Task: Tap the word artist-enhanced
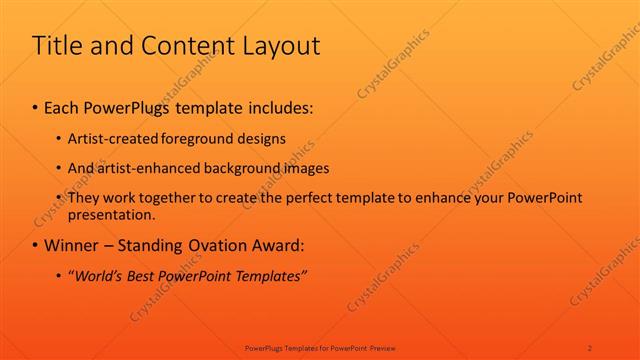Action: click(x=144, y=168)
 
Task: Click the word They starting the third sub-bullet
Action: click(x=84, y=198)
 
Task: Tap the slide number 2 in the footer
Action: click(x=590, y=347)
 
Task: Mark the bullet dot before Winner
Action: click(x=36, y=245)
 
